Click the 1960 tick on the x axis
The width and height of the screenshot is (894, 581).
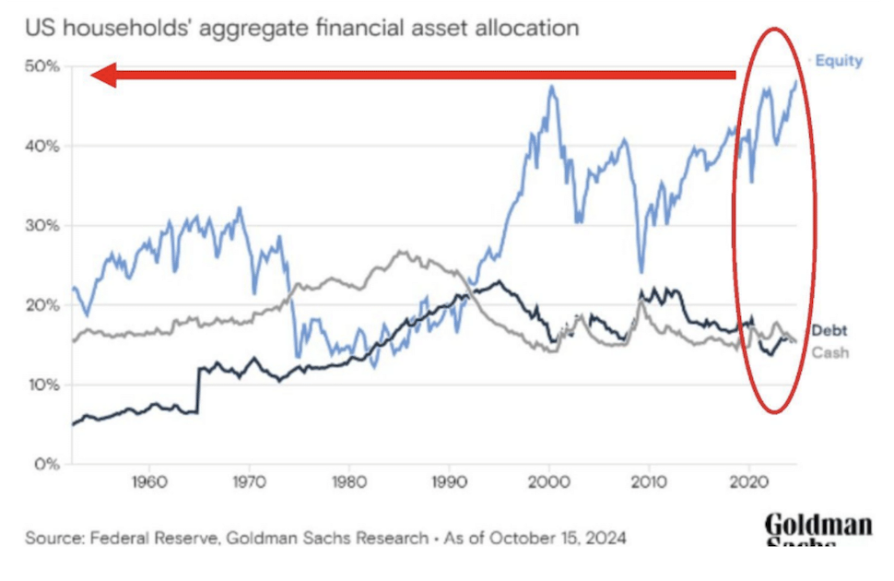point(149,481)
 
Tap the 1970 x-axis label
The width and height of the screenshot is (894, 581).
point(249,481)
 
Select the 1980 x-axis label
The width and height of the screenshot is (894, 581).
point(349,481)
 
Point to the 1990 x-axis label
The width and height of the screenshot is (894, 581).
point(449,481)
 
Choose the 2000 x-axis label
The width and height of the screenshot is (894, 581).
point(549,481)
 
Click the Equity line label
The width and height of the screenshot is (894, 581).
point(839,61)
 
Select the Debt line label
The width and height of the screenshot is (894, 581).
point(829,331)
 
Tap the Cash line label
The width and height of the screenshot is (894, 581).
point(829,352)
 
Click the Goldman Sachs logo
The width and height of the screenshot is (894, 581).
point(818,530)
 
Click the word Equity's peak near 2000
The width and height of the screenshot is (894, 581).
point(551,88)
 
